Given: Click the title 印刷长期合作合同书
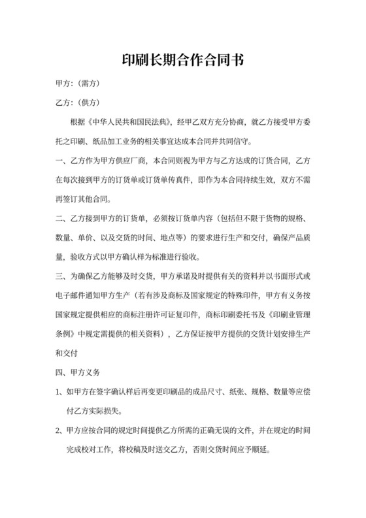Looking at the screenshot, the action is tap(183, 61).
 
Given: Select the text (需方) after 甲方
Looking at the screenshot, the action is tap(88, 85).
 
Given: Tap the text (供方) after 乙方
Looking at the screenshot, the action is tap(88, 103).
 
